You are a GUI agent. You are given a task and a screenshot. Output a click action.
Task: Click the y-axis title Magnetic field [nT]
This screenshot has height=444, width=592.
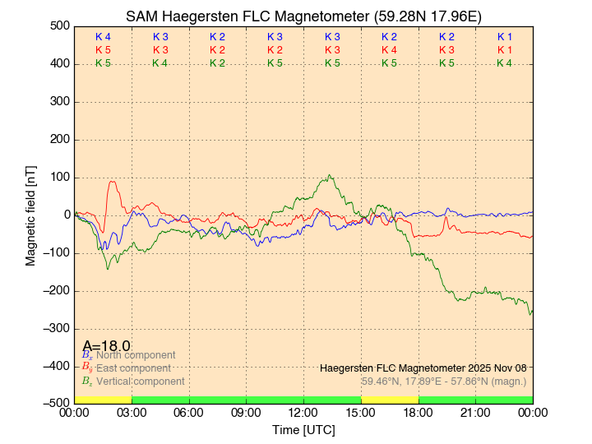(x=30, y=214)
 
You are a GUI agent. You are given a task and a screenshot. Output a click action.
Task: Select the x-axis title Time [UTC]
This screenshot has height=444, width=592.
(x=303, y=430)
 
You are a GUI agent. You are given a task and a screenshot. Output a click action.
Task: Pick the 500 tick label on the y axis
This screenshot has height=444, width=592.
(x=58, y=26)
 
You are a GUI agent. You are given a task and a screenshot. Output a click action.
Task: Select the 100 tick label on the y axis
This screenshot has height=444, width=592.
(x=58, y=178)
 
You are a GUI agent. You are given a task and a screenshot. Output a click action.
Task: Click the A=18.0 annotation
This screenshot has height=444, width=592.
(x=106, y=346)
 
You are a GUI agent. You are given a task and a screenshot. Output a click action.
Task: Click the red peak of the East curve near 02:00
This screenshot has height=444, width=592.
(x=113, y=182)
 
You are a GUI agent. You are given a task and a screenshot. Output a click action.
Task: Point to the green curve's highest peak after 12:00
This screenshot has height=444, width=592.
(x=329, y=175)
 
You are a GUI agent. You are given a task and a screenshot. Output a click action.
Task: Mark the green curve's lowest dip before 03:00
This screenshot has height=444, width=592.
(x=107, y=269)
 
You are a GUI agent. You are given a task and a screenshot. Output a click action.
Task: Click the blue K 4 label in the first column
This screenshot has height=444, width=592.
(x=103, y=37)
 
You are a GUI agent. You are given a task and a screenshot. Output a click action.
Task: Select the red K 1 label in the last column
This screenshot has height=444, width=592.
(x=504, y=50)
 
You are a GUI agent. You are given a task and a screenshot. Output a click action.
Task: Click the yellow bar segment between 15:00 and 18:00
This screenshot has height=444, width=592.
(x=390, y=400)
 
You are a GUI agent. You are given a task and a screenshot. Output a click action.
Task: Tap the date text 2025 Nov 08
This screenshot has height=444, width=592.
(x=493, y=368)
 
